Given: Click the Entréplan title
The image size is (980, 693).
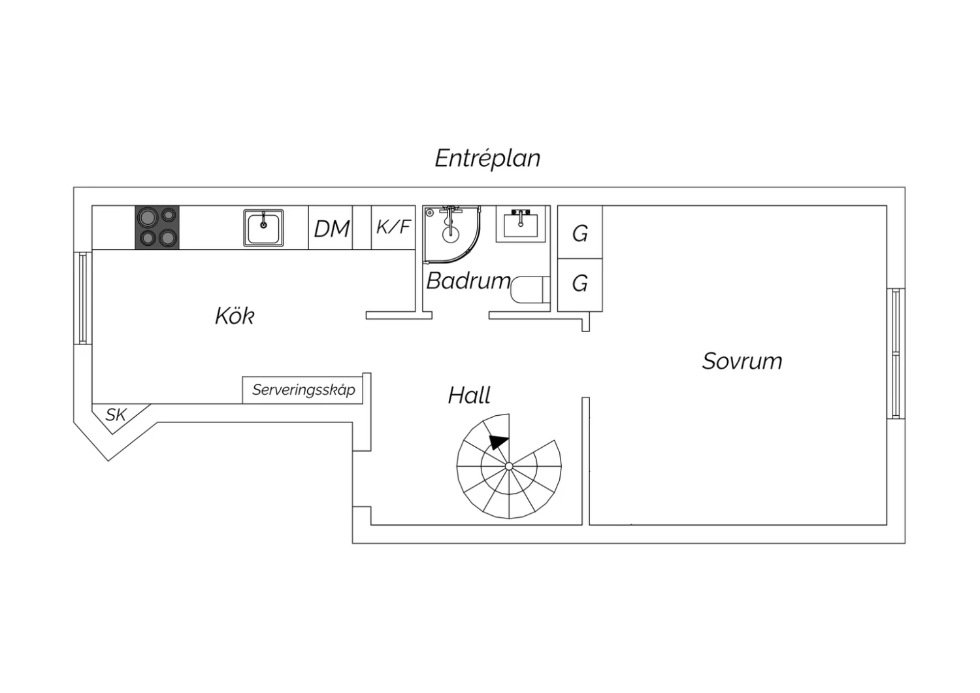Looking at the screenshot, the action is (x=487, y=158).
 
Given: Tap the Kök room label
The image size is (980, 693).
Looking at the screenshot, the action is (x=235, y=316).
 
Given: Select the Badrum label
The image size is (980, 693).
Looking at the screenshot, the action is (x=468, y=280).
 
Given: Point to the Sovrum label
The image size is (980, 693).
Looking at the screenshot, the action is (x=742, y=361).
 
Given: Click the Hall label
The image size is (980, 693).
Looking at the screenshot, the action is (x=469, y=395).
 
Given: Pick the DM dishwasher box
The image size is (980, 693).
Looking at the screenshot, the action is (x=331, y=228).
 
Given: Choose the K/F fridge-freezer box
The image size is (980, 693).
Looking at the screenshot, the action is (x=393, y=228).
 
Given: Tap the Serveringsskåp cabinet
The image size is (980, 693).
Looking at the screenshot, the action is (x=302, y=390).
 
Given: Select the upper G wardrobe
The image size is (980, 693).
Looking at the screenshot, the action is (x=580, y=232).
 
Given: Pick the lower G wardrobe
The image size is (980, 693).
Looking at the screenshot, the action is (x=580, y=285).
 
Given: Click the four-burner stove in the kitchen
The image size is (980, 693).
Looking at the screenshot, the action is (x=157, y=228).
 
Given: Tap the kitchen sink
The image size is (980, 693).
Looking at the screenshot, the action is (x=263, y=228).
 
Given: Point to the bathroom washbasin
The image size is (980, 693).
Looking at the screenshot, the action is (x=521, y=225).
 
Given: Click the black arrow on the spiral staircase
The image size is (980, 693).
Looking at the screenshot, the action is (x=498, y=441).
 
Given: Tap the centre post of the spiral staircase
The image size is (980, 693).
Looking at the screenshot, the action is (x=509, y=466).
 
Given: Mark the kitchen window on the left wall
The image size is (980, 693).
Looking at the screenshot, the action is (x=83, y=298).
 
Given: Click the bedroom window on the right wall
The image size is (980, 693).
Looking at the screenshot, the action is (x=896, y=354).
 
